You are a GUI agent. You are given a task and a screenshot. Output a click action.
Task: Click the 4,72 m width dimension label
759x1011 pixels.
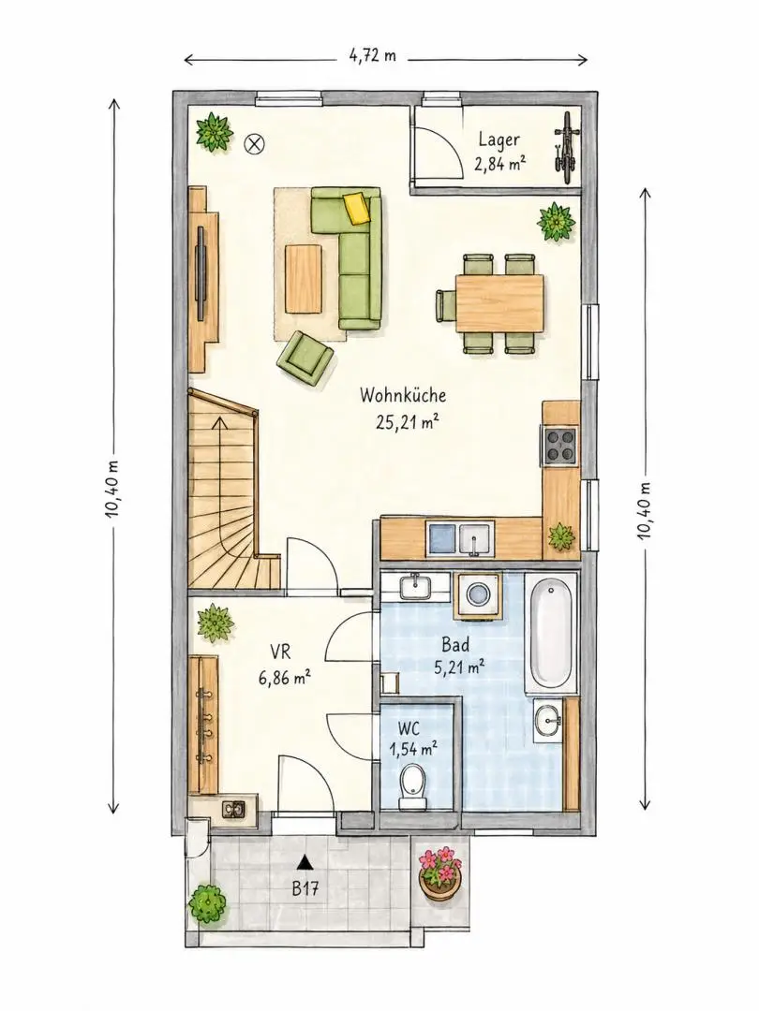click(372, 55)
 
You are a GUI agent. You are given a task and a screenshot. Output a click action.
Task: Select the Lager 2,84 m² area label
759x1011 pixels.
click(499, 152)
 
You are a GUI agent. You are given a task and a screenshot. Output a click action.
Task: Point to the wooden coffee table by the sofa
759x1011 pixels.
click(304, 279)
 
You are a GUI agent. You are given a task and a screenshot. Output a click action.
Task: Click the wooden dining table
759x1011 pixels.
click(499, 303)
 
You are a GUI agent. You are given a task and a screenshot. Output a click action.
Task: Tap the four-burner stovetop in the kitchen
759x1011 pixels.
click(559, 446)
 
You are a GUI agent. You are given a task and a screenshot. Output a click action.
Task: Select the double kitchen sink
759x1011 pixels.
click(459, 540)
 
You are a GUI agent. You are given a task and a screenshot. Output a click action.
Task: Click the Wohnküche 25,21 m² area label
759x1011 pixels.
click(403, 408)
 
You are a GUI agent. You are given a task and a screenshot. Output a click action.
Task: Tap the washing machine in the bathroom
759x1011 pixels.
click(478, 594)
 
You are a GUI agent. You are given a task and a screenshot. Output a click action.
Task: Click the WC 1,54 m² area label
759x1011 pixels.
click(413, 740)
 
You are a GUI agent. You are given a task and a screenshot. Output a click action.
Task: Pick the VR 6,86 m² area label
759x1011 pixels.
click(285, 667)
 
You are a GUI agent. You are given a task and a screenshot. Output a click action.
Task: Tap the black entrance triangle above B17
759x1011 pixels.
click(305, 861)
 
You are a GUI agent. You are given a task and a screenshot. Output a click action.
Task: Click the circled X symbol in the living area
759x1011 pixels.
click(253, 144)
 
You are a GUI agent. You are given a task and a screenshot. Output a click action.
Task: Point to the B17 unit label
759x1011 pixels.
click(305, 890)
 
